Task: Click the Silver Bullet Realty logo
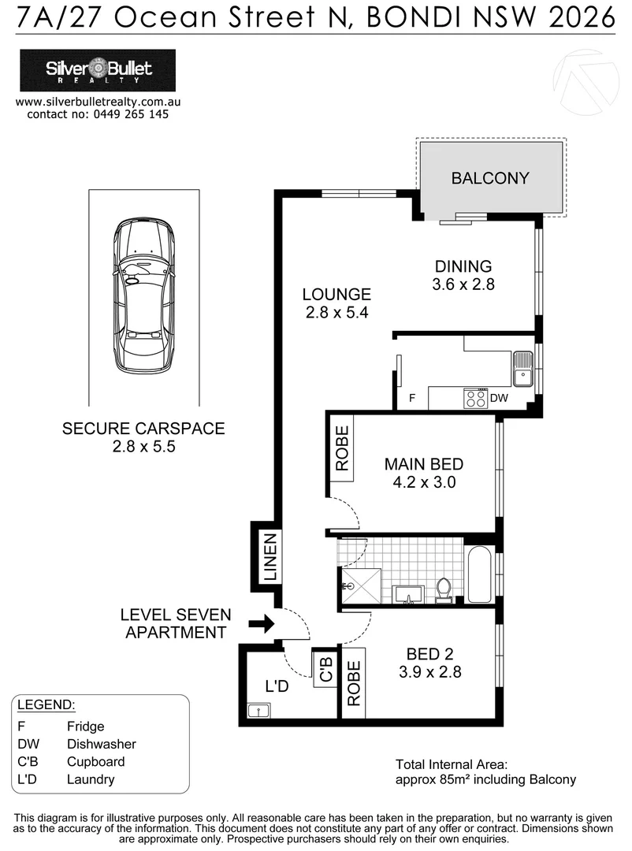(99, 71)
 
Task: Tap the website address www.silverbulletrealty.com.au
(99, 102)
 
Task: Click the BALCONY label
(490, 178)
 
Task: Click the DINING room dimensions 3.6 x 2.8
(463, 285)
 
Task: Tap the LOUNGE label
(336, 295)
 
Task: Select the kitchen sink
(522, 369)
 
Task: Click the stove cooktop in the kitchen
(475, 399)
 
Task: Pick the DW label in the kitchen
(500, 399)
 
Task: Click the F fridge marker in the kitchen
(411, 399)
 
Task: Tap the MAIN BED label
(423, 464)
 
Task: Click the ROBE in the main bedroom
(342, 449)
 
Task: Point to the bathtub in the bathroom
(480, 574)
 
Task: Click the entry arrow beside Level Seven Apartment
(261, 624)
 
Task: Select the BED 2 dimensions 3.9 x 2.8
(429, 672)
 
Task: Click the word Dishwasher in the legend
(102, 744)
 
